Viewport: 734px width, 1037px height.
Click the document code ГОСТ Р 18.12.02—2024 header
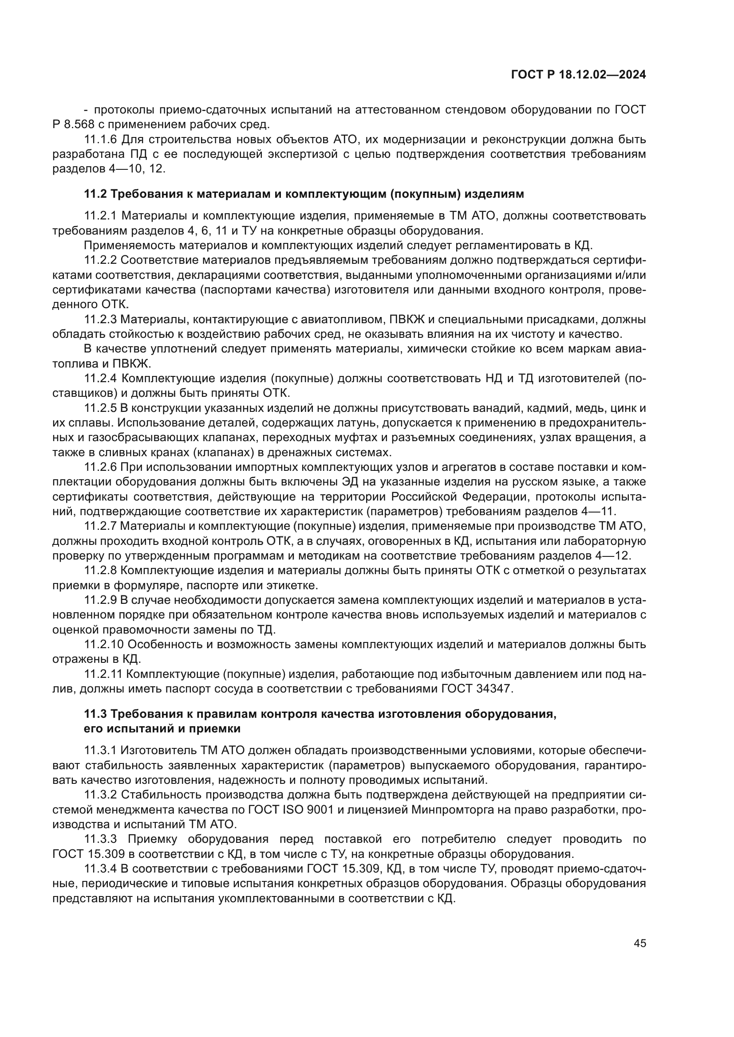point(579,75)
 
